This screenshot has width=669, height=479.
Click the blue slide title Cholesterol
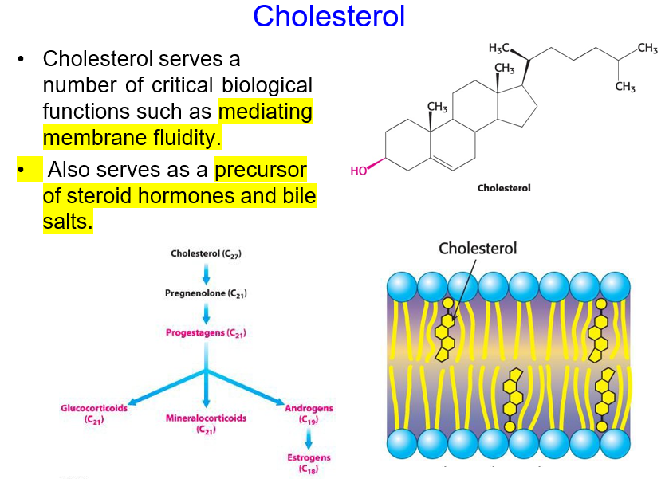point(329,16)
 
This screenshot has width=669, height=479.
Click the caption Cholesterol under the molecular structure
point(503,188)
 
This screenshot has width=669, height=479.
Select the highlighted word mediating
point(265,111)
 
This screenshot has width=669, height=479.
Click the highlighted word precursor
point(261,169)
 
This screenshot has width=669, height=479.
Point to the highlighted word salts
point(68,222)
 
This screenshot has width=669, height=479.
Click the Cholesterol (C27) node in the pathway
point(206,253)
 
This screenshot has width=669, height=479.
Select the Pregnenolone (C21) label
point(206,293)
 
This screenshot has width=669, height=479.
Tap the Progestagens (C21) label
point(206,332)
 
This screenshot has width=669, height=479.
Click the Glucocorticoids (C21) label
point(94,413)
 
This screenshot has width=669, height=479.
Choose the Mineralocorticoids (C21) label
point(206,422)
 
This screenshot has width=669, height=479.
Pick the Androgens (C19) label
point(309,413)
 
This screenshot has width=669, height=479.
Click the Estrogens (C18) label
point(309,463)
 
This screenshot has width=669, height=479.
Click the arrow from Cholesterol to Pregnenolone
point(206,273)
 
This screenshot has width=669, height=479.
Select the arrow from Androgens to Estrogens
point(309,438)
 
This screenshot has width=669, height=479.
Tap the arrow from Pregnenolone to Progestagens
point(206,312)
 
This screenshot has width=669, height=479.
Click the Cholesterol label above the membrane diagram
point(478,249)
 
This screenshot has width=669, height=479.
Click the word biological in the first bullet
point(263,84)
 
